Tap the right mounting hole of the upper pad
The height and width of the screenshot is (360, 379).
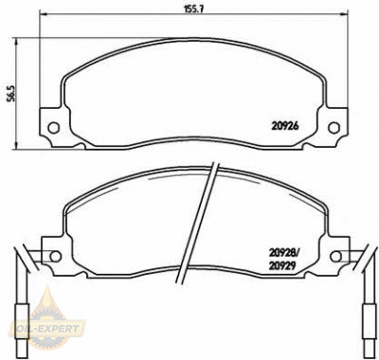(333, 130)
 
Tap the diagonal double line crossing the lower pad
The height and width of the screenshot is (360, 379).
(207, 227)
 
